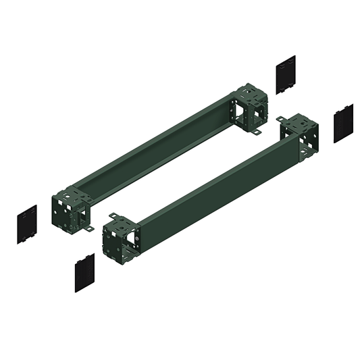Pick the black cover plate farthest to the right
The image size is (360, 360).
point(343,123)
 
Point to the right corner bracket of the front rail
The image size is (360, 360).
point(299,138)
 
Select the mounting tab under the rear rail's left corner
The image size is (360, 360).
point(88,229)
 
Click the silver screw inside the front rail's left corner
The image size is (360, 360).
point(136,239)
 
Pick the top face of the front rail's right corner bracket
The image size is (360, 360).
point(297,124)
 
